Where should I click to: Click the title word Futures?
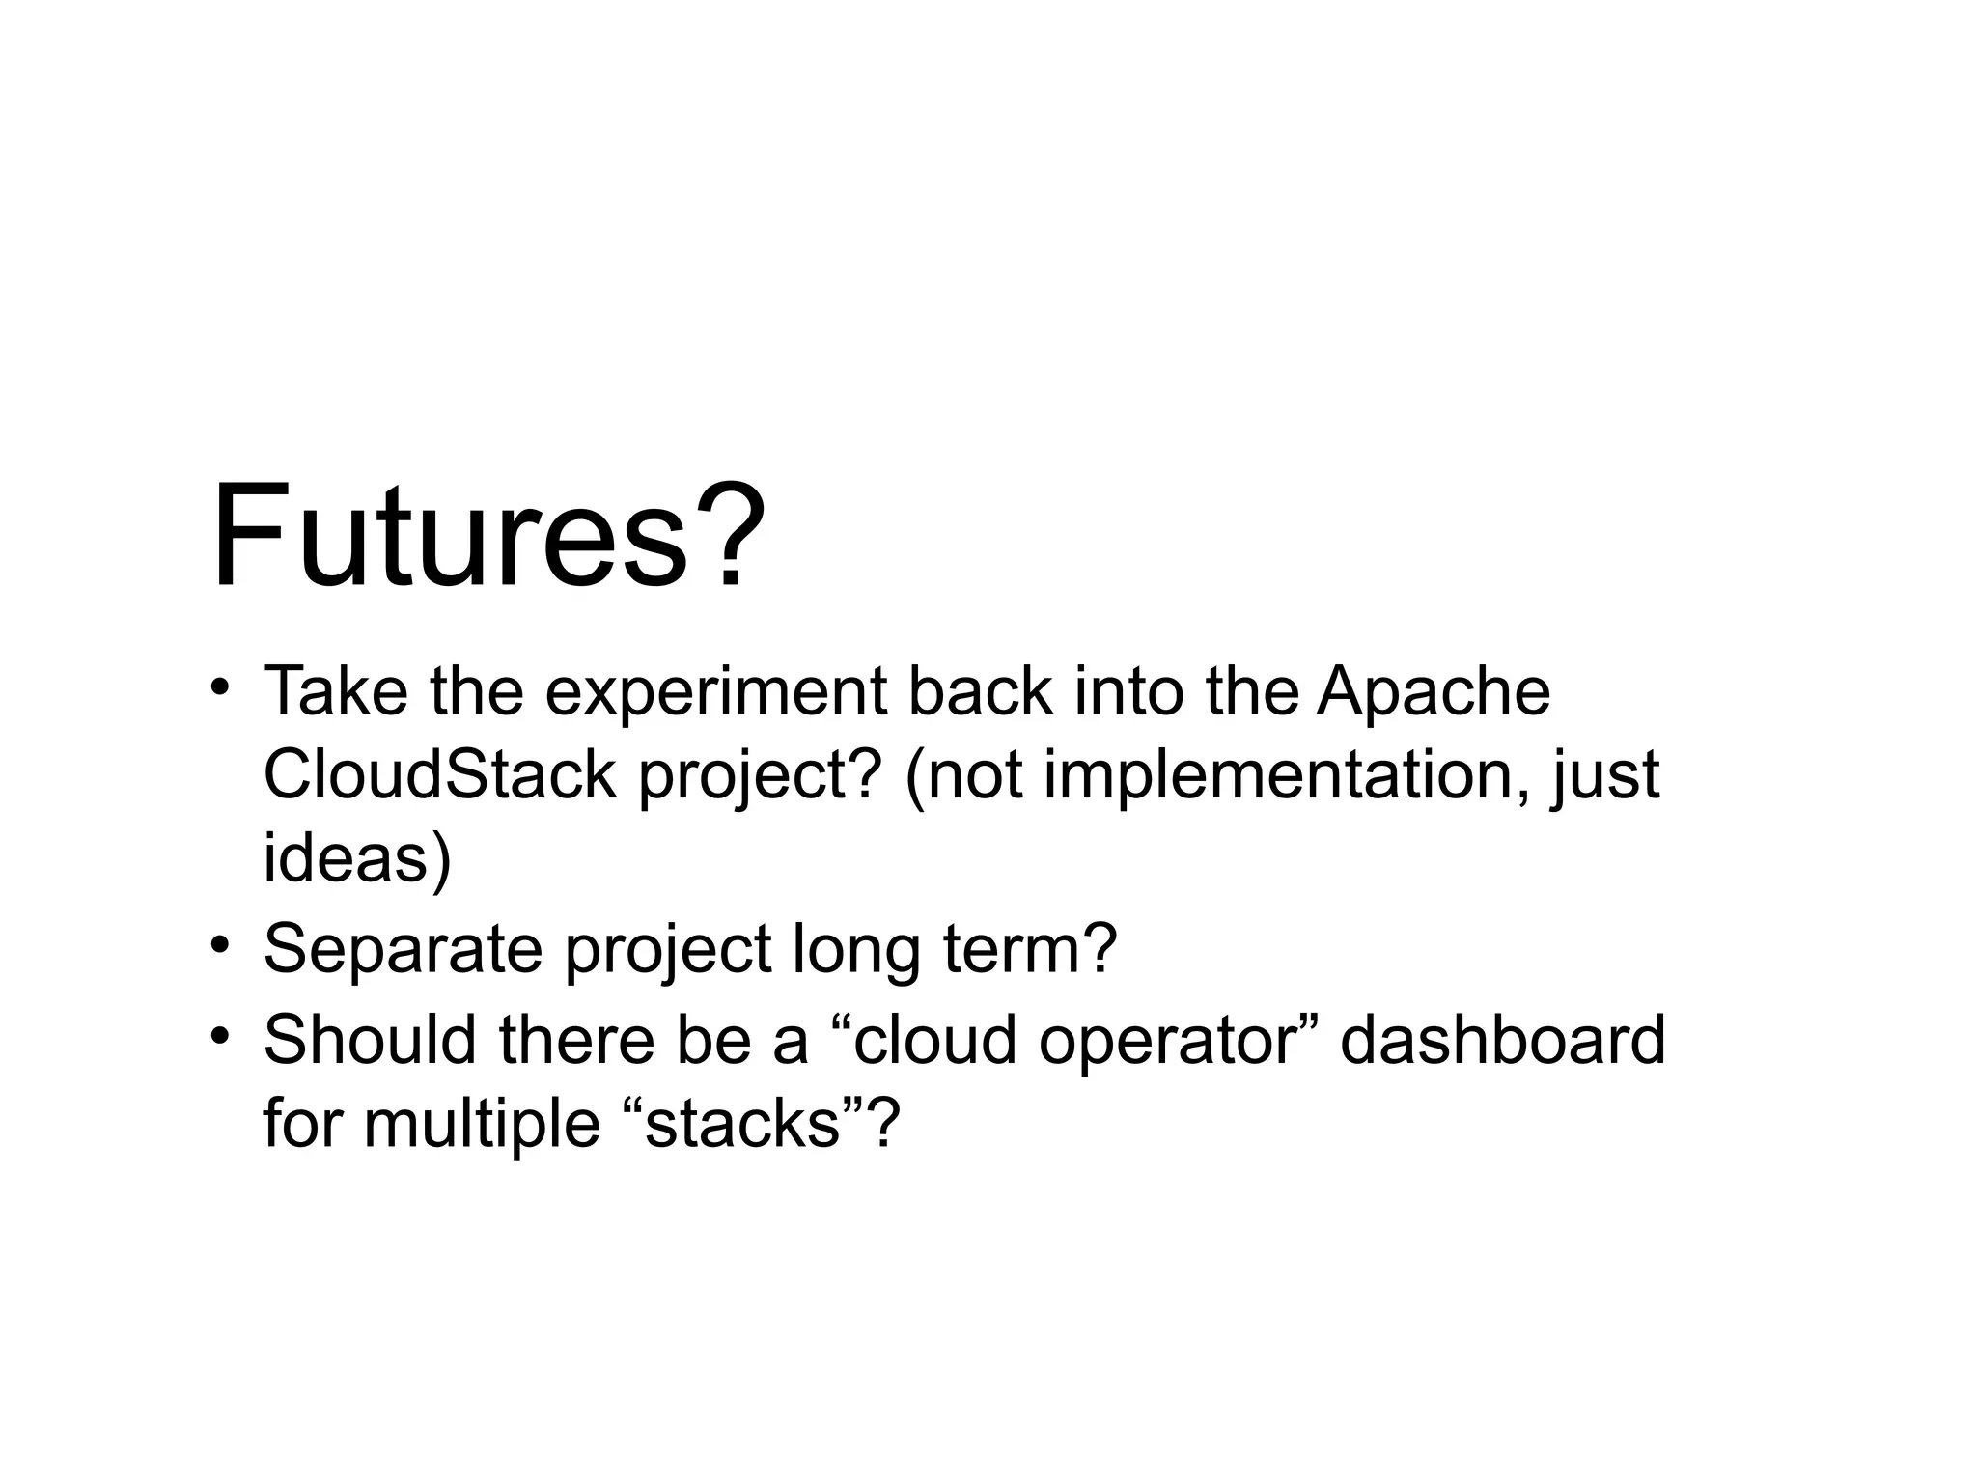pos(487,537)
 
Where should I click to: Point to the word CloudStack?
pos(439,774)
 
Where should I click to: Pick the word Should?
pos(370,1040)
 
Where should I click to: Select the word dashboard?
pos(1502,1040)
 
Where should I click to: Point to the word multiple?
pos(482,1126)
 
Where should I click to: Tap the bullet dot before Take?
pos(221,687)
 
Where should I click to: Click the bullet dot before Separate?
pos(221,943)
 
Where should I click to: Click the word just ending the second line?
pos(1604,776)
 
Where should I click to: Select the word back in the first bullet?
pos(981,691)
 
